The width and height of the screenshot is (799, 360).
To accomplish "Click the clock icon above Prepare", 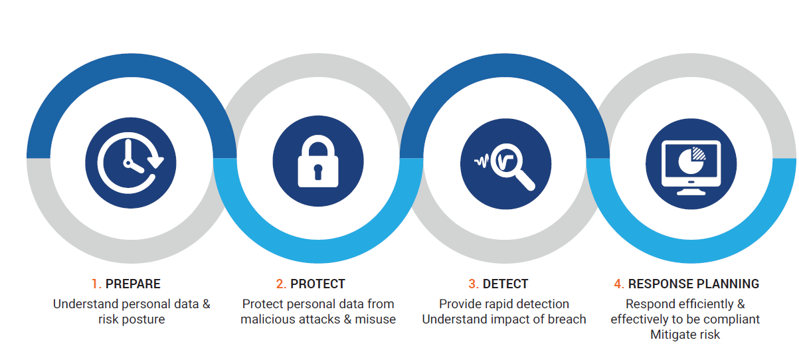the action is (131, 163).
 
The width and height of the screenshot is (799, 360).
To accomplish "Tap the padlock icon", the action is (318, 161).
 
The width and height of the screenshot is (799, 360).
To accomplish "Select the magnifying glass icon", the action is (505, 165).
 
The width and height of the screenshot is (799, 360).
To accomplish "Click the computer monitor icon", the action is (691, 167).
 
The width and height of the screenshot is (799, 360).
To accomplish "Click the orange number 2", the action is (281, 284).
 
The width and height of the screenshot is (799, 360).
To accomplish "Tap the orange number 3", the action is (474, 284).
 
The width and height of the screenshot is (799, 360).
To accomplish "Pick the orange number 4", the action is (619, 284).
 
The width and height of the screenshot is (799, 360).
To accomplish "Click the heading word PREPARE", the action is (133, 284).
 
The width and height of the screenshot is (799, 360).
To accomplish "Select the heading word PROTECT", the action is (318, 284).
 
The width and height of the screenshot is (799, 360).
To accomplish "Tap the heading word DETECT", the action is (505, 284).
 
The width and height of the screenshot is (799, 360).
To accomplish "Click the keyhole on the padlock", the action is (318, 172).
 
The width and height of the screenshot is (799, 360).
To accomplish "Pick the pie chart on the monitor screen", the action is (691, 161).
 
